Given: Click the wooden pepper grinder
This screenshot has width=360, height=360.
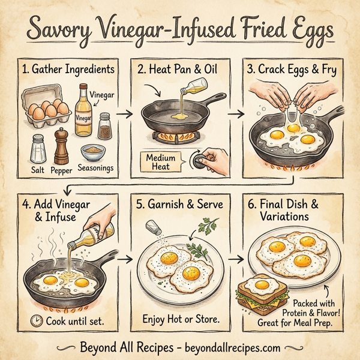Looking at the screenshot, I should click(x=61, y=143).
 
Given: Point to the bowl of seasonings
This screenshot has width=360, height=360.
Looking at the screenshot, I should click(x=94, y=148).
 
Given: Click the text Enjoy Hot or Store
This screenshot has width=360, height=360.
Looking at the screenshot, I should click(x=181, y=318).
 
